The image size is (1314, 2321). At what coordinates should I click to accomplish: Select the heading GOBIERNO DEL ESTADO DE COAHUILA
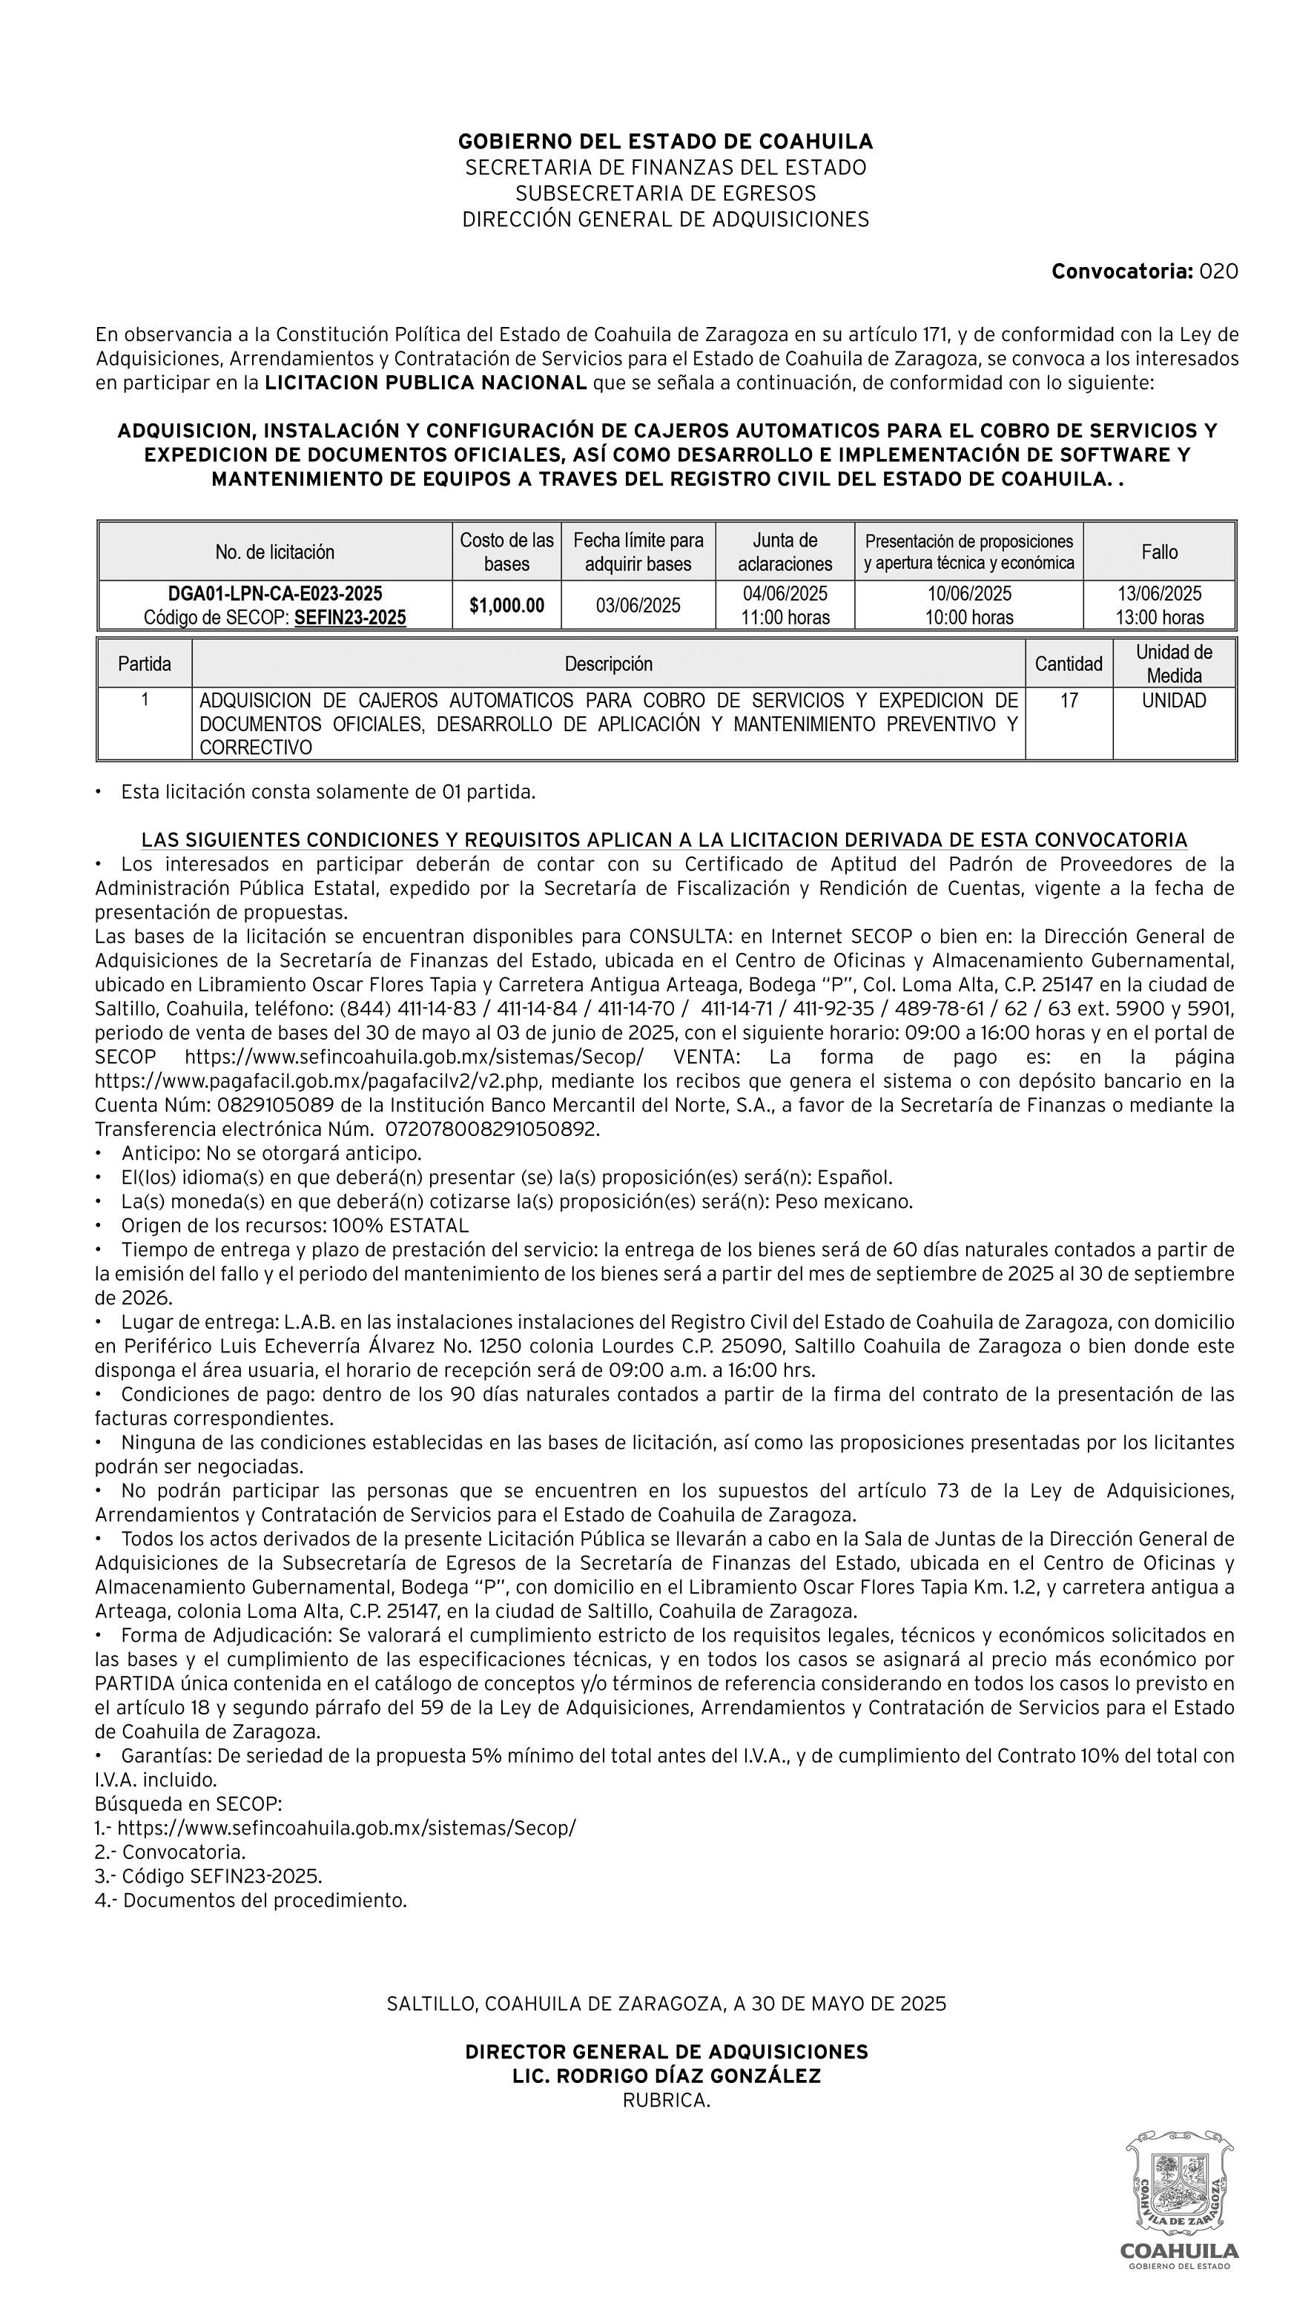pyautogui.click(x=665, y=142)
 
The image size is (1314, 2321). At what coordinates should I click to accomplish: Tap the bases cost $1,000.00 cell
pyautogui.click(x=506, y=606)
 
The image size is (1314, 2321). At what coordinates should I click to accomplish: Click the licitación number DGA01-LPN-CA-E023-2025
pyautogui.click(x=275, y=594)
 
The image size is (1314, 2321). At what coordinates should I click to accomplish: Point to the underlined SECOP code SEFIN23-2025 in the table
pyautogui.click(x=350, y=618)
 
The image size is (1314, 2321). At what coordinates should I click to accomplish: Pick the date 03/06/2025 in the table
pyautogui.click(x=638, y=606)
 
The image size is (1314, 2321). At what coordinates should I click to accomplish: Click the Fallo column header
pyautogui.click(x=1159, y=552)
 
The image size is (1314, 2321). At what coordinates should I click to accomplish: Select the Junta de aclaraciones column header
pyautogui.click(x=785, y=552)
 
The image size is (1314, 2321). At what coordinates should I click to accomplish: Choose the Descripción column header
pyautogui.click(x=608, y=664)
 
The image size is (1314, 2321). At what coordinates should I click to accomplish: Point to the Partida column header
pyautogui.click(x=145, y=664)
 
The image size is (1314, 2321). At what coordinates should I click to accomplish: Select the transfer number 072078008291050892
pyautogui.click(x=492, y=1129)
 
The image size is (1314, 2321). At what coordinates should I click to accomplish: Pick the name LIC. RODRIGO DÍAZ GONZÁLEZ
pyautogui.click(x=666, y=2076)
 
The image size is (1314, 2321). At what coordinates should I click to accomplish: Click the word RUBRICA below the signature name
pyautogui.click(x=666, y=2101)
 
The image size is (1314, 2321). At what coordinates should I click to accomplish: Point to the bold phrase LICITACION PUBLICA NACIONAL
pyautogui.click(x=426, y=383)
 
